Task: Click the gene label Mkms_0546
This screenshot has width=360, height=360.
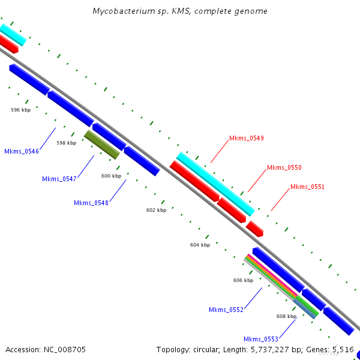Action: point(22,151)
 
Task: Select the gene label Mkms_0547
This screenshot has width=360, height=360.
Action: point(59,179)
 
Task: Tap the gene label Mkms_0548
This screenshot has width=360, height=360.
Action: point(91,203)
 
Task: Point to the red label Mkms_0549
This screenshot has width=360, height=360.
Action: point(246,138)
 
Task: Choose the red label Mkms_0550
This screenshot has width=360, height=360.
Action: point(284,167)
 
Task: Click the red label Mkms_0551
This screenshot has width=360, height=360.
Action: point(307,187)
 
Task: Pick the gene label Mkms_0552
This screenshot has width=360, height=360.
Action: point(226,310)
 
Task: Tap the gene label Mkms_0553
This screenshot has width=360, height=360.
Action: point(261,339)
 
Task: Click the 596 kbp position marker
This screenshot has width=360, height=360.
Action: point(21,110)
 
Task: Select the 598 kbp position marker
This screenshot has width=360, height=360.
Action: point(67,143)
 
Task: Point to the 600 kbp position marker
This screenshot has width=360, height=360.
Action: point(111,176)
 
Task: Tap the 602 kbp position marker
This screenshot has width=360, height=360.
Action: point(156,210)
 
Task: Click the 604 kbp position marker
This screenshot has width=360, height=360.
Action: point(200,245)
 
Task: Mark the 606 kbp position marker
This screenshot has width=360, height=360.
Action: point(243,280)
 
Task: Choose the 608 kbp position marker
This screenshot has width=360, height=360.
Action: point(286,316)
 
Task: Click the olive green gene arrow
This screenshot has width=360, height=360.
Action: point(102,145)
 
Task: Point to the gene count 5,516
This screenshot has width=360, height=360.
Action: point(343,349)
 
